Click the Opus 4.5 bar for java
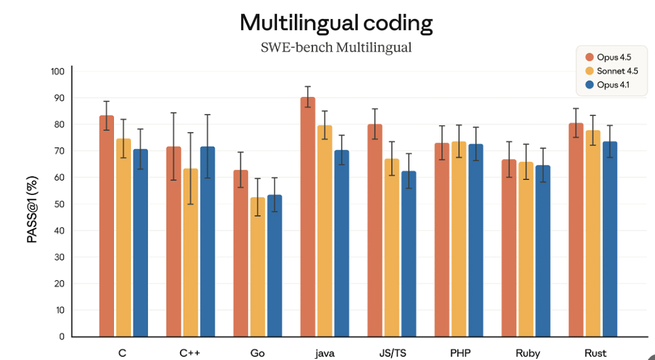[307, 217]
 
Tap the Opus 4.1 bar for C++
[207, 242]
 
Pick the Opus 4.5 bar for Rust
[576, 230]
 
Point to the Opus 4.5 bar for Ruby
[509, 248]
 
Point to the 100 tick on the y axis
[58, 71]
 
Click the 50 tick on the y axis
[60, 204]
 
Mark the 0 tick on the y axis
[62, 336]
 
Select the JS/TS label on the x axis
[392, 353]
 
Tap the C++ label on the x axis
[190, 353]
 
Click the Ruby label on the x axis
[527, 353]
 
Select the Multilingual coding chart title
[336, 23]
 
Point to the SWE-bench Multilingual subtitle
[336, 48]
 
